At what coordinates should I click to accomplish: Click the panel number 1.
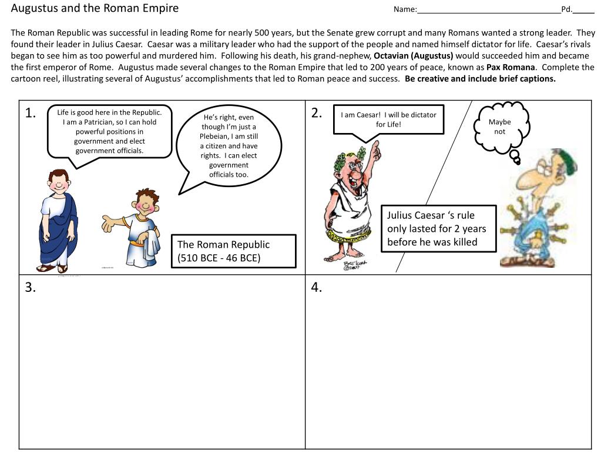coord(31,114)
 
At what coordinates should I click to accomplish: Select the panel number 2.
coord(317,114)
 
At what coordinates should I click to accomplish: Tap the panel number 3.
coord(31,287)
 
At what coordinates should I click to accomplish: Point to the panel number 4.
coord(317,287)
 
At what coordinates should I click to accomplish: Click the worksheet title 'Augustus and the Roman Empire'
coord(95,9)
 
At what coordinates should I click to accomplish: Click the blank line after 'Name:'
coord(488,10)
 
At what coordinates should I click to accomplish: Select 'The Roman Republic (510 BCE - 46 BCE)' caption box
coord(233,251)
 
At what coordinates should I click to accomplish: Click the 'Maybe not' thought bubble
coord(500,127)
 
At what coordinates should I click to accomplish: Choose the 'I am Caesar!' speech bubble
coord(388,119)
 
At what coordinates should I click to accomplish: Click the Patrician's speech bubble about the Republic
coord(109,132)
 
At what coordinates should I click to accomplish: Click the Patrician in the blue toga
coord(58,221)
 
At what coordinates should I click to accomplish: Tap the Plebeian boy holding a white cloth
coord(140,227)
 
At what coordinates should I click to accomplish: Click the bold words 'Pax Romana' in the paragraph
coord(511,67)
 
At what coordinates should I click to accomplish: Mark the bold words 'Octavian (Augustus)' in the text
coord(414,56)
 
